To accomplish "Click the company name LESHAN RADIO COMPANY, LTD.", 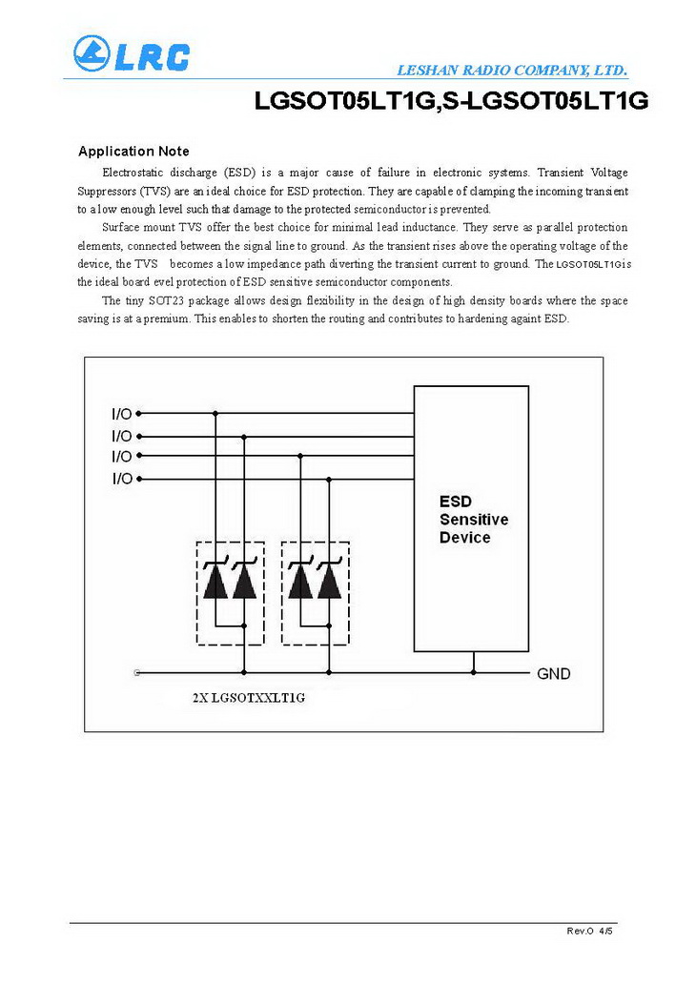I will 511,71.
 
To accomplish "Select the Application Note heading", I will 133,151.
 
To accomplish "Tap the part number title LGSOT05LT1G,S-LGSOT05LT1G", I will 451,102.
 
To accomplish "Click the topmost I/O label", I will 122,414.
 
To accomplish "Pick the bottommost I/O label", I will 122,479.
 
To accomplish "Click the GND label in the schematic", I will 554,674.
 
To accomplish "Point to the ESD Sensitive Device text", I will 473,520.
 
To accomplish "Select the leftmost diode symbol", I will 215,581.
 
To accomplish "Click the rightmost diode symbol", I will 329,581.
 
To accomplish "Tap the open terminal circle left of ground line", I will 139,673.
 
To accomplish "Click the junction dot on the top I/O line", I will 215,414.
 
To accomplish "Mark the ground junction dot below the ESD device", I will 473,673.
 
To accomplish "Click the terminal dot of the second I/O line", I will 139,435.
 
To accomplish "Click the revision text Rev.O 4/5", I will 590,930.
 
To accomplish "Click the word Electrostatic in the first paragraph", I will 132,173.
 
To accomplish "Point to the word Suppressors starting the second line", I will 108,191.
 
